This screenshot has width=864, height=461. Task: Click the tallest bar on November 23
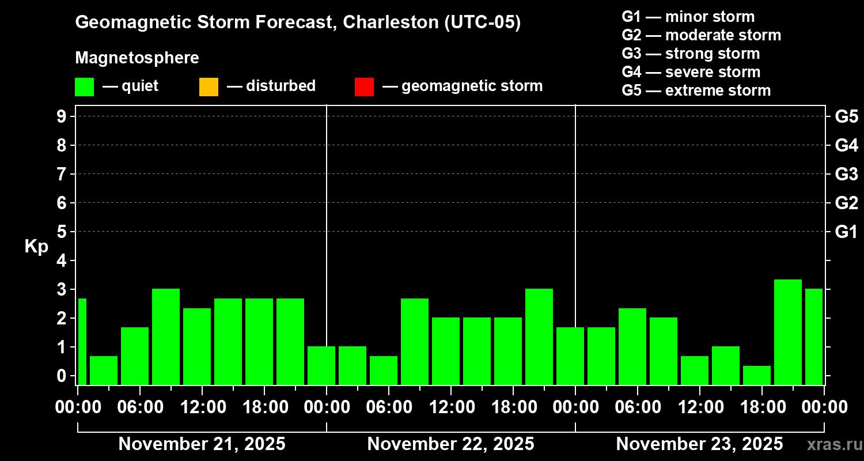pyautogui.click(x=787, y=331)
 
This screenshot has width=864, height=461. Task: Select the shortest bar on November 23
pyautogui.click(x=756, y=375)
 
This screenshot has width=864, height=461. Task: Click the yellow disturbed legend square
pyautogui.click(x=209, y=87)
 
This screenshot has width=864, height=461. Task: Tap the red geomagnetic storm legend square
pyautogui.click(x=364, y=87)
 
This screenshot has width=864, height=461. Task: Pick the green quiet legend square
pyautogui.click(x=84, y=87)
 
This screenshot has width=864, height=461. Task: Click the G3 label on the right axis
pyautogui.click(x=846, y=174)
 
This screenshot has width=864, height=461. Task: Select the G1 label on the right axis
pyautogui.click(x=846, y=232)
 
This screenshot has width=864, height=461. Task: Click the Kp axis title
pyautogui.click(x=36, y=247)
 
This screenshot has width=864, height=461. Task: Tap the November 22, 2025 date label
pyautogui.click(x=450, y=444)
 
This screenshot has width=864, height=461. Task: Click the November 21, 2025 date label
pyautogui.click(x=202, y=444)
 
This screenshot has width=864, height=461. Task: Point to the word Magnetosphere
pyautogui.click(x=137, y=58)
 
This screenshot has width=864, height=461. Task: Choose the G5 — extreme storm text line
pyautogui.click(x=696, y=90)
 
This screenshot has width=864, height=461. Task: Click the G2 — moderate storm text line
pyautogui.click(x=701, y=35)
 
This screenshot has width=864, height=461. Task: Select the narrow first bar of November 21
pyautogui.click(x=82, y=341)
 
